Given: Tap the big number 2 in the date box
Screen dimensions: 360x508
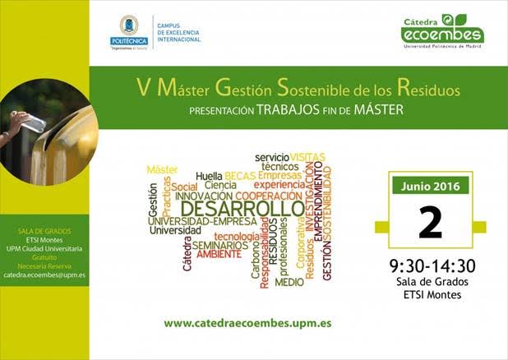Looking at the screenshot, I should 430,222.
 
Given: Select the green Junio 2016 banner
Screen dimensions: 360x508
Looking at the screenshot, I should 430,185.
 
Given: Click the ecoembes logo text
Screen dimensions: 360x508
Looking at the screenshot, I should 442,34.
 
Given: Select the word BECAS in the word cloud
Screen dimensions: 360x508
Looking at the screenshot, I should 240,176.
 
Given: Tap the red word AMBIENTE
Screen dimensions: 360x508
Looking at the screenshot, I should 219,254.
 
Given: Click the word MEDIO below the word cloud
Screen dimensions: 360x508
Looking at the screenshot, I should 289,282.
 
